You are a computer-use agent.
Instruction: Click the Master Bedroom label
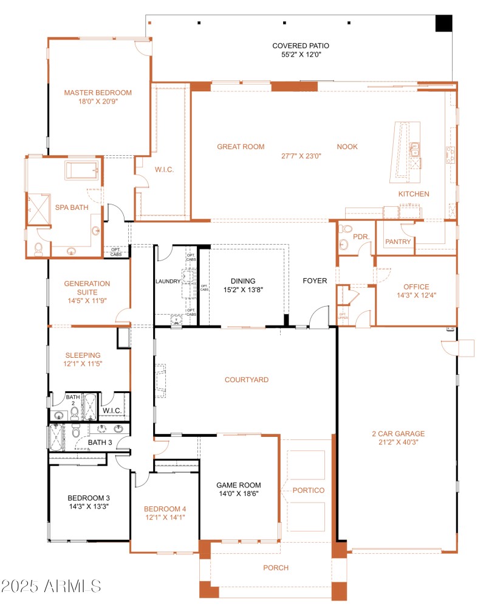point(98,92)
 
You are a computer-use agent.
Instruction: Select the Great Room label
point(241,147)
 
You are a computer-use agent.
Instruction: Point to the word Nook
point(347,147)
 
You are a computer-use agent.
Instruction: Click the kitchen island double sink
point(415,148)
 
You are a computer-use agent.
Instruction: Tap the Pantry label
point(398,242)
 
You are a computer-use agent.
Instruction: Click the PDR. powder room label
point(361,235)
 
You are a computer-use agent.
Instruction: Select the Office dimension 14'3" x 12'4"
point(416,296)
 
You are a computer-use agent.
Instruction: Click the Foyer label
point(315,281)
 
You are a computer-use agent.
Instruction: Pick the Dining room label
point(243,281)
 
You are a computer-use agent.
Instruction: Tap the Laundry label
point(168,282)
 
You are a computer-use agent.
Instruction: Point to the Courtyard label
point(246,380)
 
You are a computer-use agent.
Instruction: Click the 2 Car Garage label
point(399,434)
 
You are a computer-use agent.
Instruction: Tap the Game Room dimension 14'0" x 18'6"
point(238,494)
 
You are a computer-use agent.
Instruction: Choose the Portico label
point(308,490)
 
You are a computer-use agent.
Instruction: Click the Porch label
point(275,568)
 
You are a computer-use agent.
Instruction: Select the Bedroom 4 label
point(165,509)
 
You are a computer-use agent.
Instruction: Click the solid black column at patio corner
point(444,23)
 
